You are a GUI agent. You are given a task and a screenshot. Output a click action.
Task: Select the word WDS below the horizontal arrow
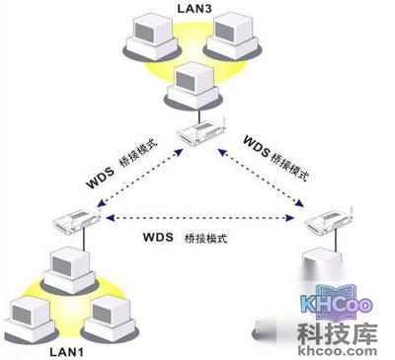tap(159, 238)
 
